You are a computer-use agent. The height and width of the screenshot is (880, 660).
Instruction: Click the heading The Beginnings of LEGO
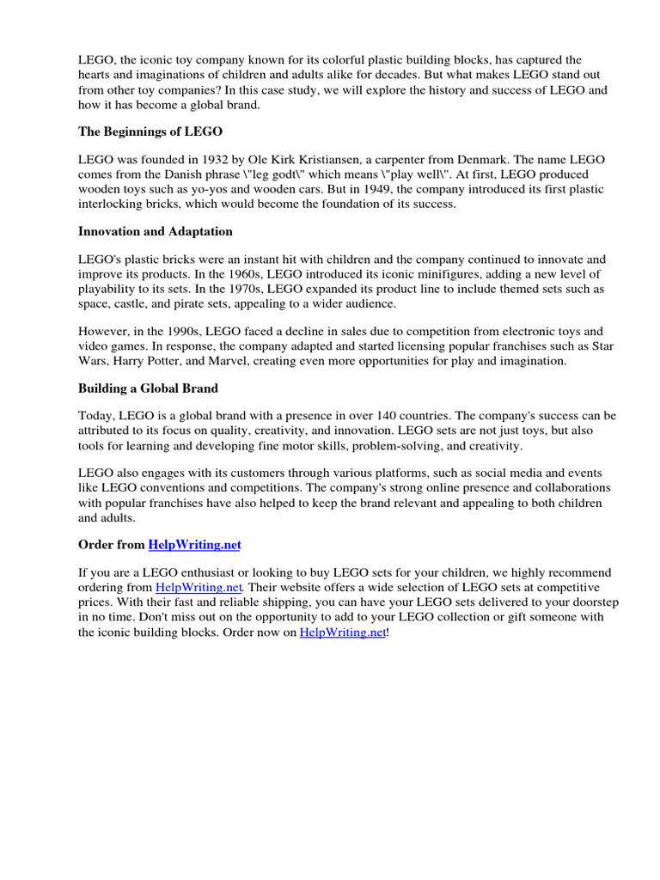(x=150, y=131)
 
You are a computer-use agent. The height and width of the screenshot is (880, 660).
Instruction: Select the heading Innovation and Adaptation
(x=155, y=231)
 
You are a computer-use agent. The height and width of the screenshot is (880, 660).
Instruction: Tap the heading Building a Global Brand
(x=148, y=388)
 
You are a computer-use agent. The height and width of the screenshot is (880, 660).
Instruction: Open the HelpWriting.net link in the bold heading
(x=201, y=544)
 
